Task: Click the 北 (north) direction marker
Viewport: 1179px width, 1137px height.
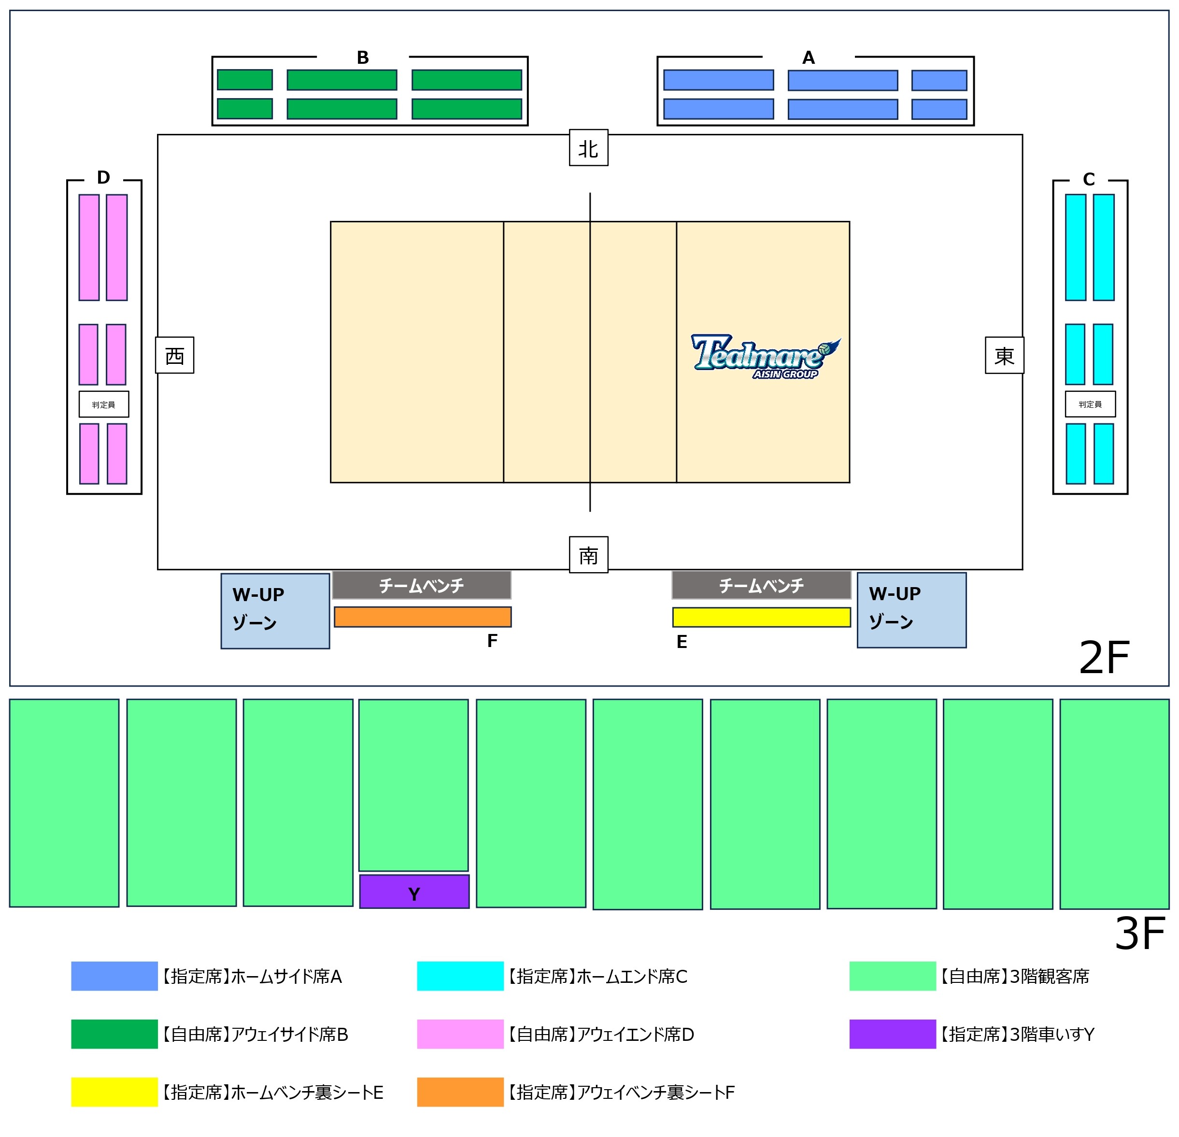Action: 588,148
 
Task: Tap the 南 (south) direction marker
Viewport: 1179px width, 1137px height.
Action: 588,554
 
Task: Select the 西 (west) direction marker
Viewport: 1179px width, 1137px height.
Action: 174,355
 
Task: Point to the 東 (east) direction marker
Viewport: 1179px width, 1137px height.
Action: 1004,355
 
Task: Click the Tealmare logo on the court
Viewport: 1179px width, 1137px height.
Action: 765,356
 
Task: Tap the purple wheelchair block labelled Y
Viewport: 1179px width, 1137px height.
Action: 414,892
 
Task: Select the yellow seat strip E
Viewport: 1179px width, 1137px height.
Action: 761,617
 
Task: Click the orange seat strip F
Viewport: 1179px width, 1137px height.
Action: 422,617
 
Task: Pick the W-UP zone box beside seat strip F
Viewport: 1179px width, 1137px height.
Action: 275,610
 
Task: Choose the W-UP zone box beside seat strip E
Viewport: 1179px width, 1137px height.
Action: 911,610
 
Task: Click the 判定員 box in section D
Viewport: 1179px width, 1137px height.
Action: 103,404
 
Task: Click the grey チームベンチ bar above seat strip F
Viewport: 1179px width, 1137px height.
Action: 421,585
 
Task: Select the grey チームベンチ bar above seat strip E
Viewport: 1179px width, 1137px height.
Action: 761,585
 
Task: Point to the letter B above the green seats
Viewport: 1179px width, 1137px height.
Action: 362,58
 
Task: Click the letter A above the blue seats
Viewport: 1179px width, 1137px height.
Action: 808,58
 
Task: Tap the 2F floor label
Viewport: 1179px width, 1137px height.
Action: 1104,657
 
